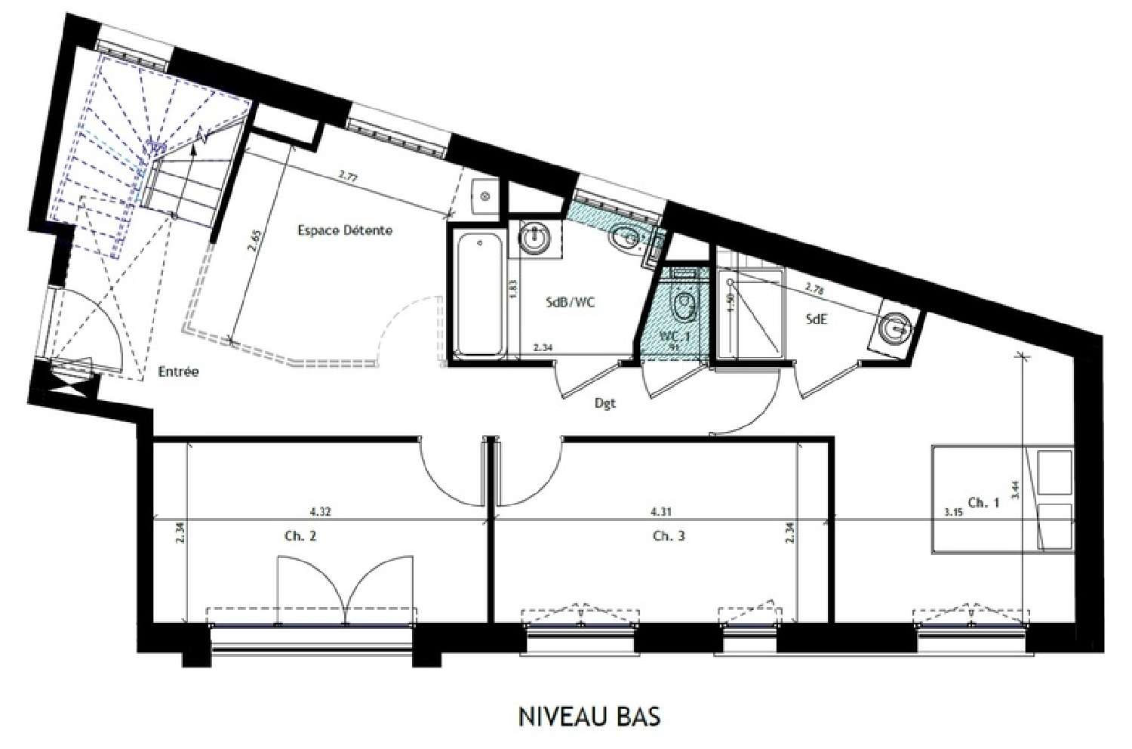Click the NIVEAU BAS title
pyautogui.click(x=589, y=716)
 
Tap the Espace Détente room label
pyautogui.click(x=345, y=230)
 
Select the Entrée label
pyautogui.click(x=178, y=371)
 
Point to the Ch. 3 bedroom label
pyautogui.click(x=669, y=536)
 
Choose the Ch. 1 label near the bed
pyautogui.click(x=983, y=502)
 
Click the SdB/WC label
pyautogui.click(x=571, y=302)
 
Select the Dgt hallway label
pyautogui.click(x=604, y=403)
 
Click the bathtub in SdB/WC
pyautogui.click(x=480, y=295)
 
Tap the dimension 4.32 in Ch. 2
pyautogui.click(x=321, y=510)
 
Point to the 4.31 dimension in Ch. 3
pyautogui.click(x=661, y=510)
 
